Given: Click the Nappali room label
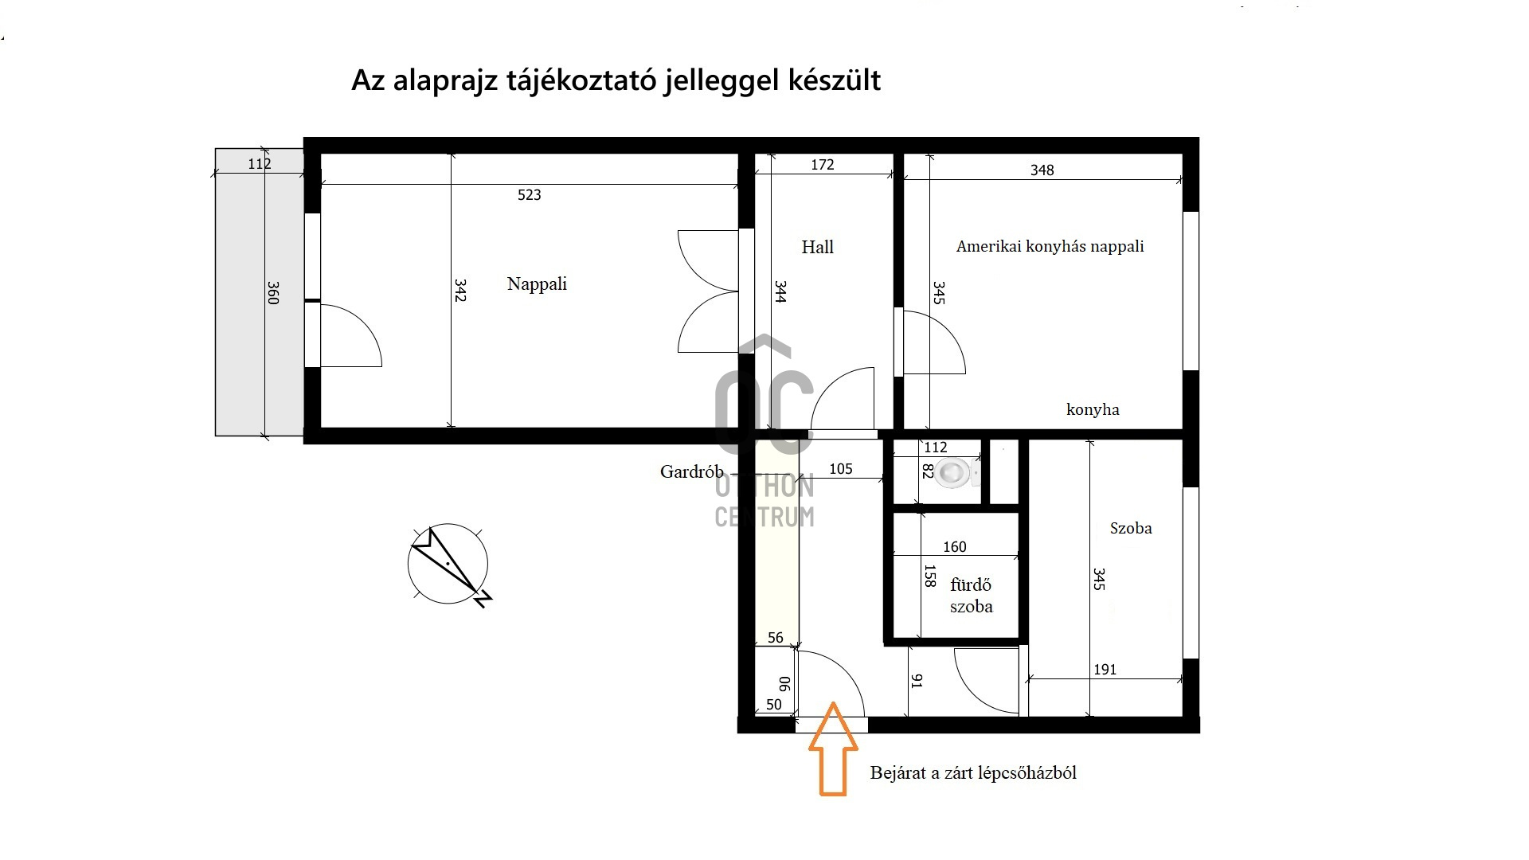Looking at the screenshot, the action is (x=537, y=284).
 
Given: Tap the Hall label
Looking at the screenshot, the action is (x=817, y=247).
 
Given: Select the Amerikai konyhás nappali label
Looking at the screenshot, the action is (x=1050, y=247).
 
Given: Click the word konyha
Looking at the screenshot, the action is (x=1093, y=409).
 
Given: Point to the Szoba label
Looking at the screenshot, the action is (x=1131, y=528).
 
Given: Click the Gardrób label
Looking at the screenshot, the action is (x=691, y=471).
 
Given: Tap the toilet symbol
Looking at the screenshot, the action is (x=954, y=473).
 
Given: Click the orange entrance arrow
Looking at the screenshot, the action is (x=833, y=749).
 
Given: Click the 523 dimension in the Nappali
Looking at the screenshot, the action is (x=529, y=195).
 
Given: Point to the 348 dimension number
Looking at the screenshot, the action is (x=1042, y=170).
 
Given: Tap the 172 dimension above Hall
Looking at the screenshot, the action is (x=823, y=165).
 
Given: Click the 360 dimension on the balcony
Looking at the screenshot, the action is (x=273, y=292).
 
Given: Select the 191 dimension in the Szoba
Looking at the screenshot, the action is (x=1105, y=670).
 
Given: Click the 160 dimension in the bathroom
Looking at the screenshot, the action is (x=954, y=547).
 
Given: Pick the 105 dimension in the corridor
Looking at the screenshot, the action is (x=841, y=469).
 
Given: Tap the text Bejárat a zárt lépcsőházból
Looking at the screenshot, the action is (x=973, y=772).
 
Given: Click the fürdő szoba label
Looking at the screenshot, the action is (x=971, y=596).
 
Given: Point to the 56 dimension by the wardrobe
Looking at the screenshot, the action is (x=776, y=638).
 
